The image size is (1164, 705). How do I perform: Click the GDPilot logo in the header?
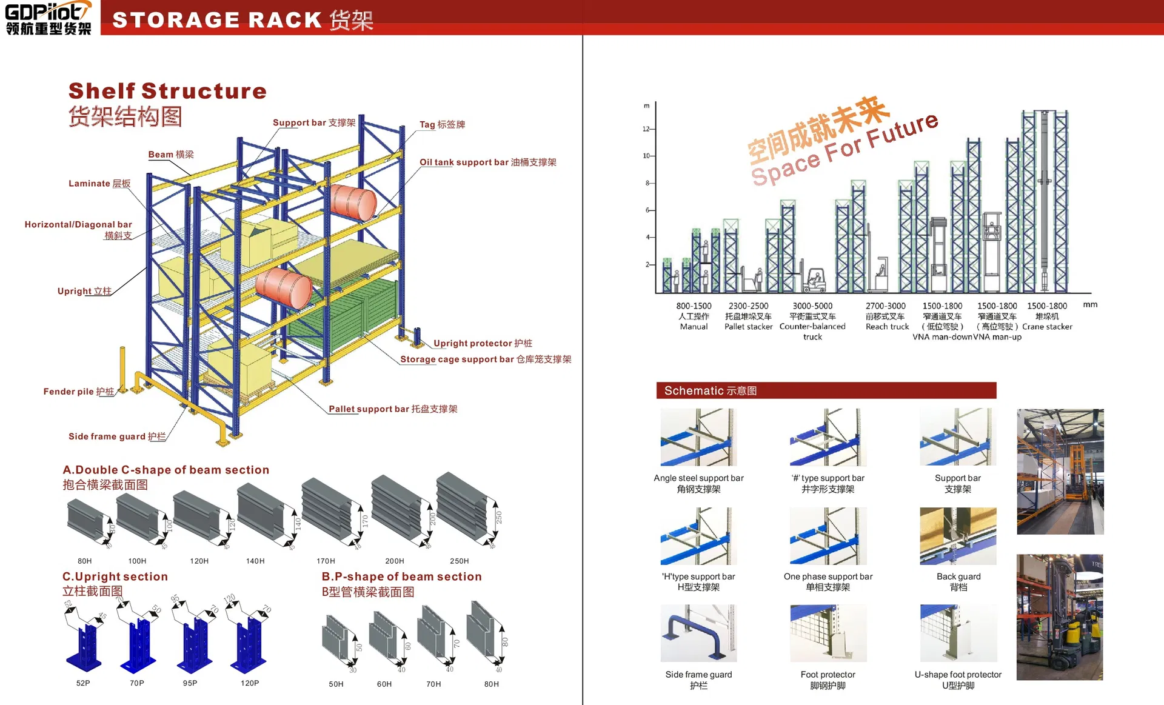pyautogui.click(x=48, y=18)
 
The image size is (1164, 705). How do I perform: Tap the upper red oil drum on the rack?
pyautogui.click(x=353, y=202)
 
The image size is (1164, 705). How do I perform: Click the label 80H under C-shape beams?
pyautogui.click(x=85, y=561)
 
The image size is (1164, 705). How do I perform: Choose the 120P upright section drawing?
pyautogui.click(x=248, y=637)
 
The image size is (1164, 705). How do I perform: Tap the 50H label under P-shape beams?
pyautogui.click(x=336, y=684)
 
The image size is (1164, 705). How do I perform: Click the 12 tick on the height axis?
pyautogui.click(x=646, y=129)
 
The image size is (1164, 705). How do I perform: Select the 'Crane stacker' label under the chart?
pyautogui.click(x=1047, y=327)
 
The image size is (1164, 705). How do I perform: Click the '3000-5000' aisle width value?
pyautogui.click(x=812, y=306)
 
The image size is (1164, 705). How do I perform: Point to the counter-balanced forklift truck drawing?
pyautogui.click(x=814, y=280)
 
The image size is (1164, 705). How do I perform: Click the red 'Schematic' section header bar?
pyautogui.click(x=826, y=390)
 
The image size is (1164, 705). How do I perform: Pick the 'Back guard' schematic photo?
pyautogui.click(x=958, y=536)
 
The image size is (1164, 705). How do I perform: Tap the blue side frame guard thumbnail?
pyautogui.click(x=698, y=633)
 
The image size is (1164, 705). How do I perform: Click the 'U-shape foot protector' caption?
pyautogui.click(x=958, y=675)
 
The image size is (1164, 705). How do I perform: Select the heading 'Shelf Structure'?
pyautogui.click(x=167, y=91)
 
